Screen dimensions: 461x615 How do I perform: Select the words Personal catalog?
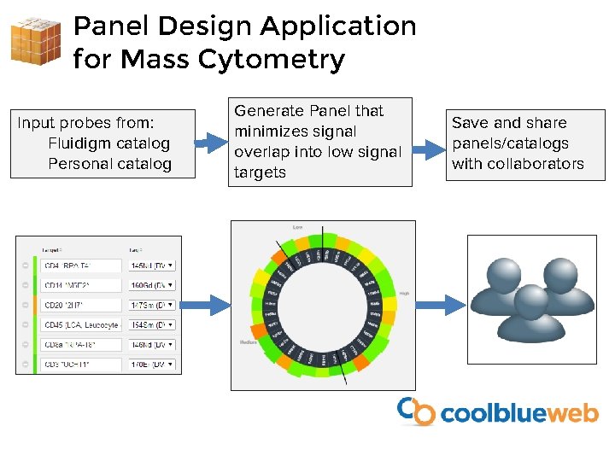[109, 164]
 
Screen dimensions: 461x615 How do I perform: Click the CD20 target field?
[81, 305]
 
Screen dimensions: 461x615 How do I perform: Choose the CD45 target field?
[81, 324]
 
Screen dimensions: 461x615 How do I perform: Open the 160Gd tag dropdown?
[151, 285]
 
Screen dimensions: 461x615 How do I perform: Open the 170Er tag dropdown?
[151, 364]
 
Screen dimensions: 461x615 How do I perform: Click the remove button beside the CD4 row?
[25, 266]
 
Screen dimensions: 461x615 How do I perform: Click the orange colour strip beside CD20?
[35, 305]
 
